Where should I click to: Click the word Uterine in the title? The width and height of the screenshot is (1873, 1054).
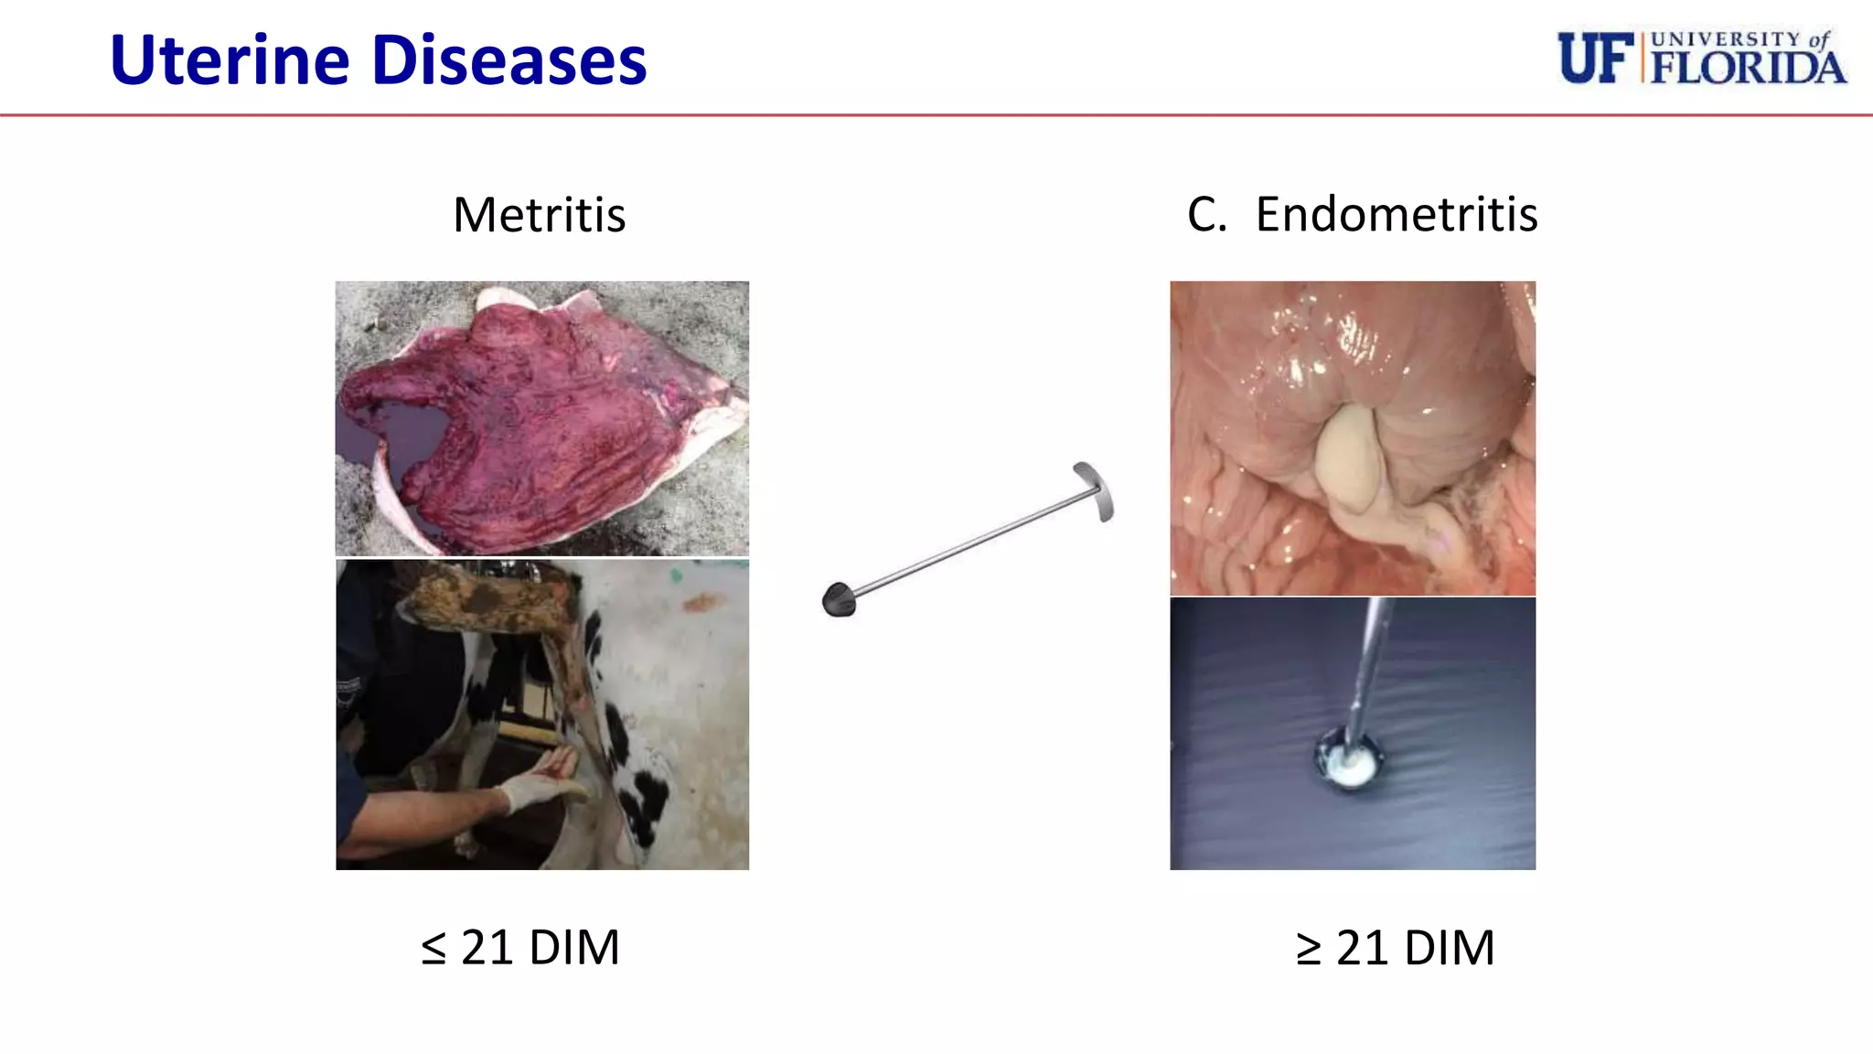pos(230,60)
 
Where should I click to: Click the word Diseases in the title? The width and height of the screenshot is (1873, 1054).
pos(509,60)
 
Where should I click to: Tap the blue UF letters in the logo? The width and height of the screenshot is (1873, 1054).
pos(1595,59)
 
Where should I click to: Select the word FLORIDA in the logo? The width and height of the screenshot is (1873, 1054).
pos(1748,68)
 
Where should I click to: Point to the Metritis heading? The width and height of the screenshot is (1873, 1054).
pos(539,216)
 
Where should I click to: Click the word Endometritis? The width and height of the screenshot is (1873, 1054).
pos(1396,215)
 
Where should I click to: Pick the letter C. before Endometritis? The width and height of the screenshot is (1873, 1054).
pos(1206,215)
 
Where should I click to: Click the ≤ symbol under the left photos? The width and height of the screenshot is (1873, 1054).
pos(433,949)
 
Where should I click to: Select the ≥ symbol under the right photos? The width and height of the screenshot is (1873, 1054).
pos(1309,949)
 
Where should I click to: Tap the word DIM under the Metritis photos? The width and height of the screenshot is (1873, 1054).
pos(574,948)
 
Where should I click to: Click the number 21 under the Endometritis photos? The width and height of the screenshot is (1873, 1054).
pos(1363,948)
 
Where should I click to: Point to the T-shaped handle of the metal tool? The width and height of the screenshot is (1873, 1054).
pos(1095,490)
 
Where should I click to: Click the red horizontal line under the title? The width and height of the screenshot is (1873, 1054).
pos(936,115)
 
